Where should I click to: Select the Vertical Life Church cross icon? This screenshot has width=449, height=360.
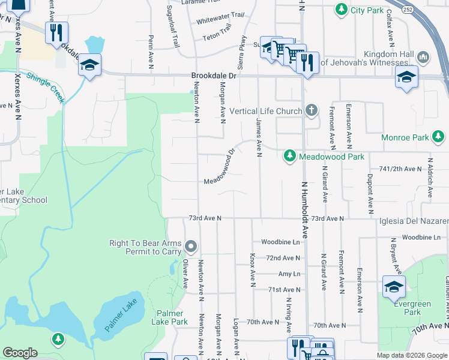(x=310, y=110)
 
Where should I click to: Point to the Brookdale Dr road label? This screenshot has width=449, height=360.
(x=214, y=76)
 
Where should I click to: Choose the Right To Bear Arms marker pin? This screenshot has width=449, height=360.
(x=191, y=246)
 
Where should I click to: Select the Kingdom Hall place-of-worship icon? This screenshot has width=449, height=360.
(x=423, y=58)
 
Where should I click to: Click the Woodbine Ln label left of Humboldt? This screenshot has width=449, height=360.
(x=280, y=242)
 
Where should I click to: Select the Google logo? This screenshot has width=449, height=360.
(x=20, y=353)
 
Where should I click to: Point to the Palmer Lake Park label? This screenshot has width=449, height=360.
(x=172, y=317)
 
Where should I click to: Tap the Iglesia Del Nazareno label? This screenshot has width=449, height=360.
(x=414, y=221)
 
